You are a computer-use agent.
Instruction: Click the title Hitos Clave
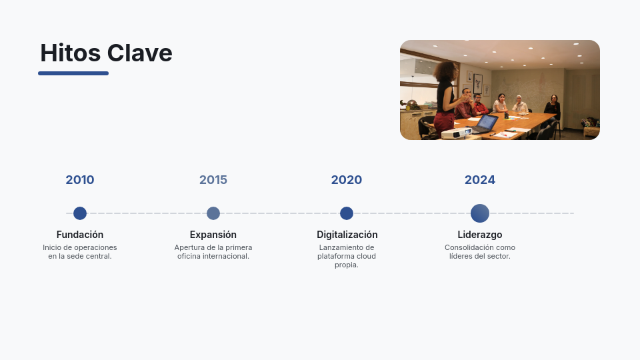pos(106,53)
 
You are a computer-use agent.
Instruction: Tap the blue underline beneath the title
pos(73,73)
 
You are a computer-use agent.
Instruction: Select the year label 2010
pos(80,180)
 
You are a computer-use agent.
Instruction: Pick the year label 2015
pos(213,180)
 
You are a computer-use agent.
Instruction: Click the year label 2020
pos(347,180)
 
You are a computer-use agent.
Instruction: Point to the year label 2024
pos(480,180)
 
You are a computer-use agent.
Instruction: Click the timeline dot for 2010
pos(80,213)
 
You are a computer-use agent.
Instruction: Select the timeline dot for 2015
pos(213,213)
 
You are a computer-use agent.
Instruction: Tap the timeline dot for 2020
pos(347,213)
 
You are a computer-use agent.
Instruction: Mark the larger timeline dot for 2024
pos(480,213)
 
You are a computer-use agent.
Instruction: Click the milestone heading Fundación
pos(80,235)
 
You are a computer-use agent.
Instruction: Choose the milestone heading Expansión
pos(213,235)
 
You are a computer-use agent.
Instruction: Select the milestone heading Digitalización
pos(347,235)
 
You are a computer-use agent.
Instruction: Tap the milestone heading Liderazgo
pos(480,235)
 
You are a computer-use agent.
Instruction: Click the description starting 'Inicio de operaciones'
pos(80,252)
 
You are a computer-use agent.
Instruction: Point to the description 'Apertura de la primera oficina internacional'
pos(213,252)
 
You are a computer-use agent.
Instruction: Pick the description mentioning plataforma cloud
pos(347,256)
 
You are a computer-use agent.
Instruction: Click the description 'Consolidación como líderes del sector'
pos(480,252)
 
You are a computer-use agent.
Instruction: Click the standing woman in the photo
pos(446,97)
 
